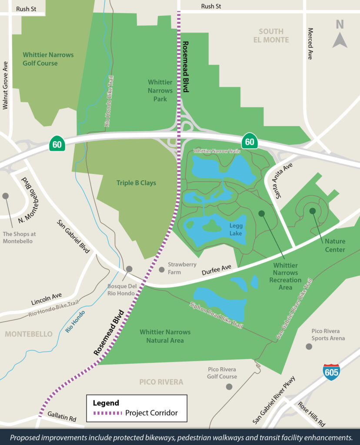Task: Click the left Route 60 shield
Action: coord(57,143)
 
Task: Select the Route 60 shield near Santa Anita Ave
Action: coord(250,141)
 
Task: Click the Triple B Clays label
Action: coord(136,183)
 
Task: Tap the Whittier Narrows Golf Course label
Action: coord(48,59)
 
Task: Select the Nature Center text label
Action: coord(335,245)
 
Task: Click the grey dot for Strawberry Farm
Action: coord(162,269)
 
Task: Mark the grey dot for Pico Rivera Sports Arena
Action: coord(309,346)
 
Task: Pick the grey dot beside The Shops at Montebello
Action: coord(6,196)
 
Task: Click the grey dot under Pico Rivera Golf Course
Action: coord(229,386)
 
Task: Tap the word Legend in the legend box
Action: coord(106,403)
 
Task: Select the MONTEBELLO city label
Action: coord(29,334)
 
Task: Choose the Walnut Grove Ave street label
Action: coord(6,85)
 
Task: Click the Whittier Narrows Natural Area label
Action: coord(165,336)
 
